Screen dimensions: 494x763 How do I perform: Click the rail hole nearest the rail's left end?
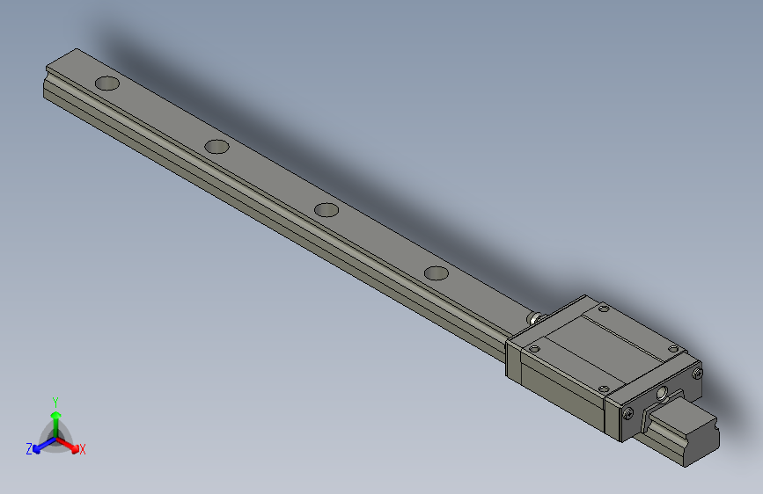tap(107, 84)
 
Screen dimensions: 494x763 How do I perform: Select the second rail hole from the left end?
tap(216, 146)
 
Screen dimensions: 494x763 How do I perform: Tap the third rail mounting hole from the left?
tap(326, 210)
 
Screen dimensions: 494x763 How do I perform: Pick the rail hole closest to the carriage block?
tap(436, 272)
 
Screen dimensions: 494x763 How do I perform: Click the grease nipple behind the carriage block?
tap(534, 316)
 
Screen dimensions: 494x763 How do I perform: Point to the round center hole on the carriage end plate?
tap(663, 393)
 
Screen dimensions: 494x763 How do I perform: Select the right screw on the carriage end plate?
tap(699, 374)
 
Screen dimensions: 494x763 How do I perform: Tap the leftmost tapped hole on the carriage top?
tap(533, 348)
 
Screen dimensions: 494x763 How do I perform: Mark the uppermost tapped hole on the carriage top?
tap(603, 309)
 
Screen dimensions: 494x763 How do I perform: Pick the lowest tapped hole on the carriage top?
tap(603, 389)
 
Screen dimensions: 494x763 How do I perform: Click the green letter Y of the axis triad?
tap(55, 400)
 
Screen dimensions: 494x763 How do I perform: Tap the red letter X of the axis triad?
tap(82, 449)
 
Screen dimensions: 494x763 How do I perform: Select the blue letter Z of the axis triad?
tap(29, 448)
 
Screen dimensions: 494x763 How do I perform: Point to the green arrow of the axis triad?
tap(55, 415)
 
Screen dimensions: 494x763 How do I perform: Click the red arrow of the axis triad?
tap(70, 443)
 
